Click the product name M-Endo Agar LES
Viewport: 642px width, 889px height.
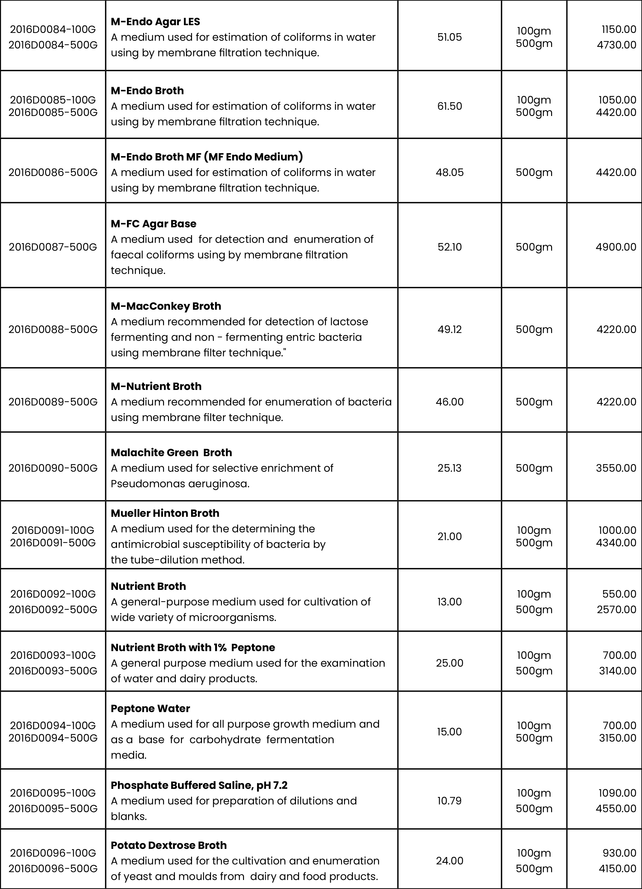click(155, 21)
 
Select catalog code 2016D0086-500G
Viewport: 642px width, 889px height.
click(53, 173)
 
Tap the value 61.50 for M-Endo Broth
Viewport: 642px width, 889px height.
click(449, 106)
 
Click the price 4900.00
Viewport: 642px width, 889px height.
click(616, 247)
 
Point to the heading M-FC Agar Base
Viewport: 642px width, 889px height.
click(153, 224)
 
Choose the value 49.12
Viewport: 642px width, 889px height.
click(449, 329)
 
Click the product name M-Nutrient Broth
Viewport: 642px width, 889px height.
click(156, 387)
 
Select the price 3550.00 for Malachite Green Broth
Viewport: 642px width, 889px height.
click(616, 468)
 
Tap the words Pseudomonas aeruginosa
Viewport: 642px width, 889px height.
click(180, 484)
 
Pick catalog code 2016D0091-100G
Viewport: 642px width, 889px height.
click(53, 530)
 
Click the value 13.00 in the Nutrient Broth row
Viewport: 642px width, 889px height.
click(449, 602)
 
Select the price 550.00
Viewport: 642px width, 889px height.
click(619, 594)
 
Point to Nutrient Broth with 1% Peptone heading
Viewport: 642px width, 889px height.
click(193, 647)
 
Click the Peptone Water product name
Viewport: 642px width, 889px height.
click(150, 709)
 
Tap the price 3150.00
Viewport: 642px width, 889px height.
click(617, 738)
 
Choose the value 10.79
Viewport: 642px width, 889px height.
click(449, 801)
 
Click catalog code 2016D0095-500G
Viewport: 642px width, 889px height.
click(53, 809)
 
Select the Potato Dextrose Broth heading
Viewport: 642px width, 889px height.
click(169, 845)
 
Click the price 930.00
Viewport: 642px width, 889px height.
click(619, 853)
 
